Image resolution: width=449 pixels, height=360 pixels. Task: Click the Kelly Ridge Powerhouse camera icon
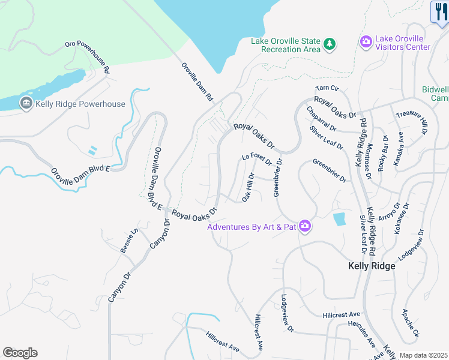click(26, 104)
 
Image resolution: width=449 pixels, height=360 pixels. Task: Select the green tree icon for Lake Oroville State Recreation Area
click(329, 44)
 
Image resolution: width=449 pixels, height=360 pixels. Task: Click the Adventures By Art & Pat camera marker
click(305, 226)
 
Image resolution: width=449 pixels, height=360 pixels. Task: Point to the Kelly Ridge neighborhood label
click(372, 266)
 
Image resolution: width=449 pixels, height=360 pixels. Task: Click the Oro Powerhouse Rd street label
click(88, 58)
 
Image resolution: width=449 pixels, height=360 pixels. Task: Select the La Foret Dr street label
click(257, 159)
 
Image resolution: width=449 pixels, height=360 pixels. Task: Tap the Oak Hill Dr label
click(249, 187)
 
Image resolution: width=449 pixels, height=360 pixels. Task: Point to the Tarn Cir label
click(327, 88)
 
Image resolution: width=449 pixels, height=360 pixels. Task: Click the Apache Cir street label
click(411, 324)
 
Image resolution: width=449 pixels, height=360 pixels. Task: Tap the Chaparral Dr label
click(321, 119)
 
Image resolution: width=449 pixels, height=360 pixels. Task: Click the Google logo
click(20, 353)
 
